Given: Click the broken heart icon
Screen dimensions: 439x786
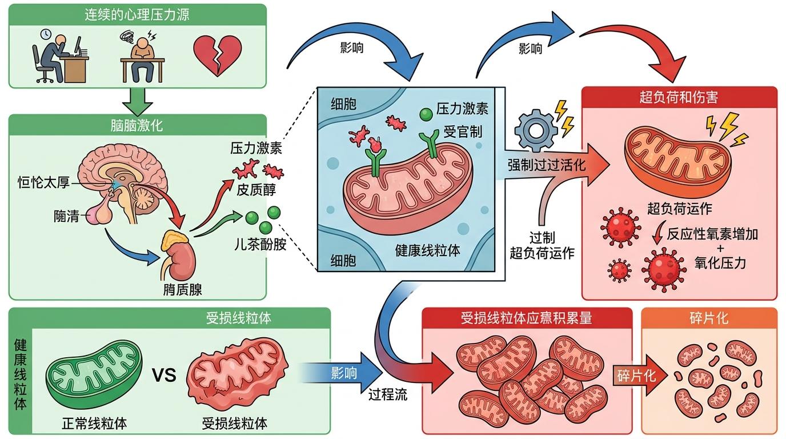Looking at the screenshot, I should point(217,55).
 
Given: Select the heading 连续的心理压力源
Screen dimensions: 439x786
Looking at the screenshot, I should point(137,14).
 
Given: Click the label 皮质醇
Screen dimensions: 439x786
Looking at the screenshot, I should point(256,189).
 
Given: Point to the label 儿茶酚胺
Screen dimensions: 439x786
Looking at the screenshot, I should point(260,246).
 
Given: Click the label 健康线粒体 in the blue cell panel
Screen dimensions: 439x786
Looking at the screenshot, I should point(427,250).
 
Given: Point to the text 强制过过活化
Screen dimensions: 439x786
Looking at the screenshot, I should point(547,165).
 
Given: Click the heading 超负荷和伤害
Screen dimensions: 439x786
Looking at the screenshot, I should point(679,97).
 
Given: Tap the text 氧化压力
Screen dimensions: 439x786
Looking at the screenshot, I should point(720,263).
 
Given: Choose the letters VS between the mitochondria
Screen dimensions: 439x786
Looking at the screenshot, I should point(164,376).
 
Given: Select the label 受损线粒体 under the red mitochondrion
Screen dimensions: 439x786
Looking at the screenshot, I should point(235,424).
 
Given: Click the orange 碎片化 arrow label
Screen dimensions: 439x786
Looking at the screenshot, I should point(636,376).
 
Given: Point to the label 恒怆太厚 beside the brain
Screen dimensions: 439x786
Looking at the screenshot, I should point(43,183).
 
